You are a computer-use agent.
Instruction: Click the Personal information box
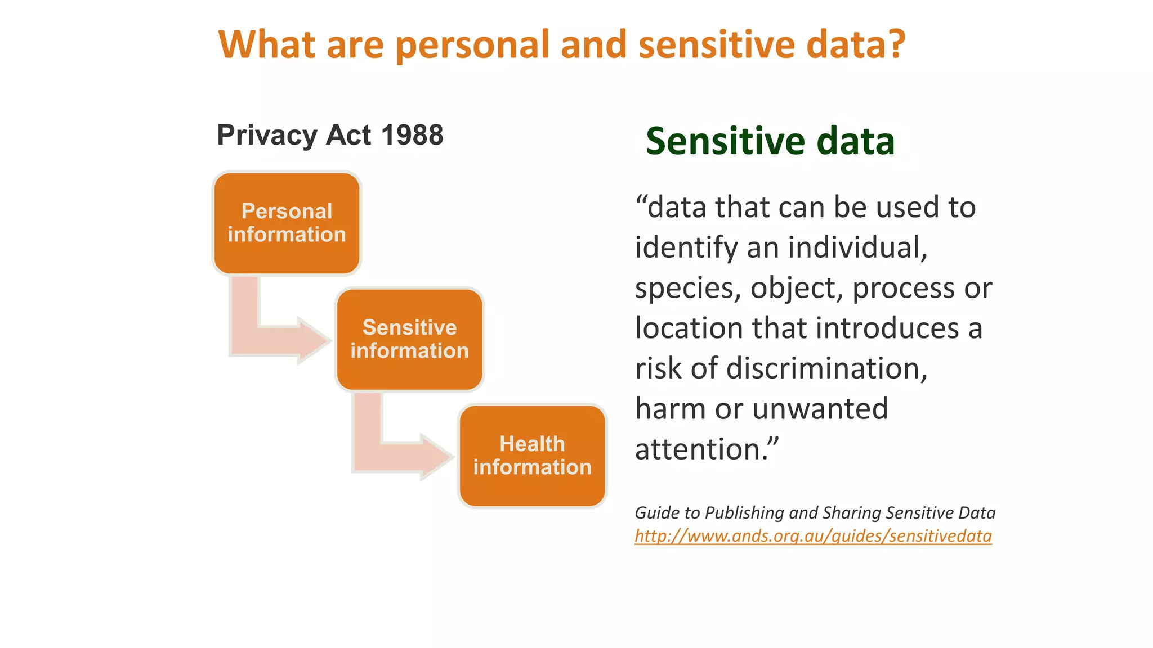click(x=287, y=223)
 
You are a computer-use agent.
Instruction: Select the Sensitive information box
click(x=409, y=339)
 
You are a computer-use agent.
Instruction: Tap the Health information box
click(x=532, y=456)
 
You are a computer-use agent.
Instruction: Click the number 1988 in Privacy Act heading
click(x=412, y=136)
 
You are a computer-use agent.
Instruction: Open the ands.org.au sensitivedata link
click(x=813, y=536)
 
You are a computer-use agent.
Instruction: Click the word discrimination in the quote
click(x=826, y=368)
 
